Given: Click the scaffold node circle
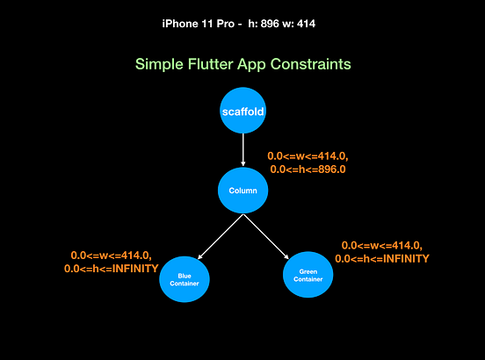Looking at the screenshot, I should [x=242, y=112].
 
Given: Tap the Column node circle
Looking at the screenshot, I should [x=242, y=191].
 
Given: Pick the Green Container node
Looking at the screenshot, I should [x=308, y=274].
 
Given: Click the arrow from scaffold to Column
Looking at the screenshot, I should [x=242, y=151].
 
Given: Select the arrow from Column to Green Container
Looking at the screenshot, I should [x=266, y=235].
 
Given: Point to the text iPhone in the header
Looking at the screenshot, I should [x=182, y=23].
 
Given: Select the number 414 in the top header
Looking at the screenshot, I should [x=305, y=23].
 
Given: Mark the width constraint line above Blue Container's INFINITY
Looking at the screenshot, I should [x=111, y=256].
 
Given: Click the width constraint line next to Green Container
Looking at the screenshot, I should [x=381, y=246].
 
